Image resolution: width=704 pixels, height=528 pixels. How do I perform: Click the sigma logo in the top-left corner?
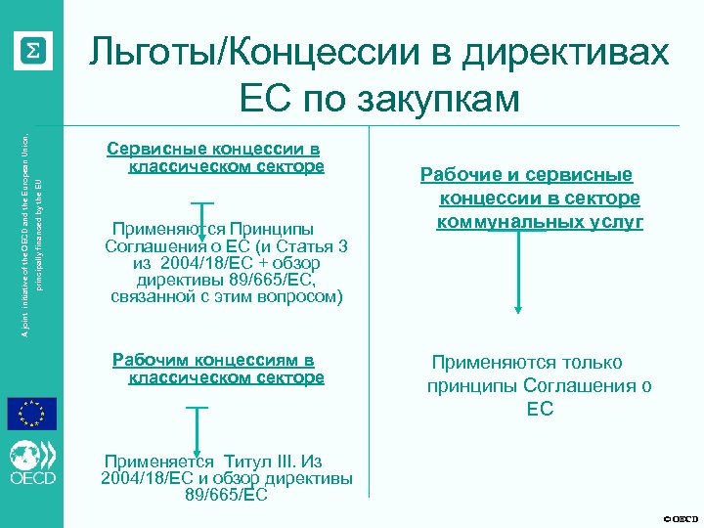pyautogui.click(x=32, y=50)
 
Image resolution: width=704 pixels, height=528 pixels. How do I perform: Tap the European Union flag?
pyautogui.click(x=32, y=414)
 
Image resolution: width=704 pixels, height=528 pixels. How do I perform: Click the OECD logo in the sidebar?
pyautogui.click(x=32, y=464)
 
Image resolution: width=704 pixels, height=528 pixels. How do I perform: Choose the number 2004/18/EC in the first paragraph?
pyautogui.click(x=201, y=263)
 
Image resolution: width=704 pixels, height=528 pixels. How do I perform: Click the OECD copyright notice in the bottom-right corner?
pyautogui.click(x=681, y=517)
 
